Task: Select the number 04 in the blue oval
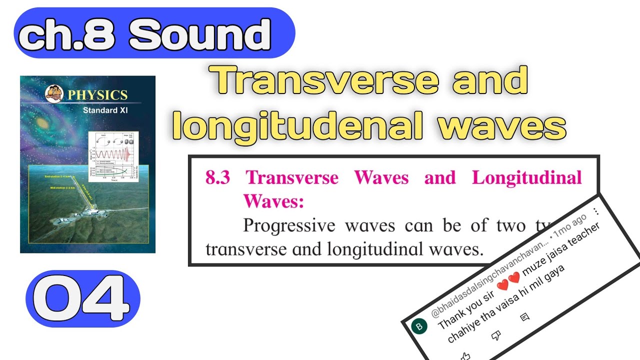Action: pos(82,299)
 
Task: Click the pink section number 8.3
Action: pos(218,178)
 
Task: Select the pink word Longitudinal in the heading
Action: pos(527,178)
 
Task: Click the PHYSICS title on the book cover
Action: pos(97,95)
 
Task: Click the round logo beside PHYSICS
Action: pos(54,93)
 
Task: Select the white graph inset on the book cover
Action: pos(112,156)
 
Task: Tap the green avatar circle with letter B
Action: pos(419,326)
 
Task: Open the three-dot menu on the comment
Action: pos(595,211)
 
